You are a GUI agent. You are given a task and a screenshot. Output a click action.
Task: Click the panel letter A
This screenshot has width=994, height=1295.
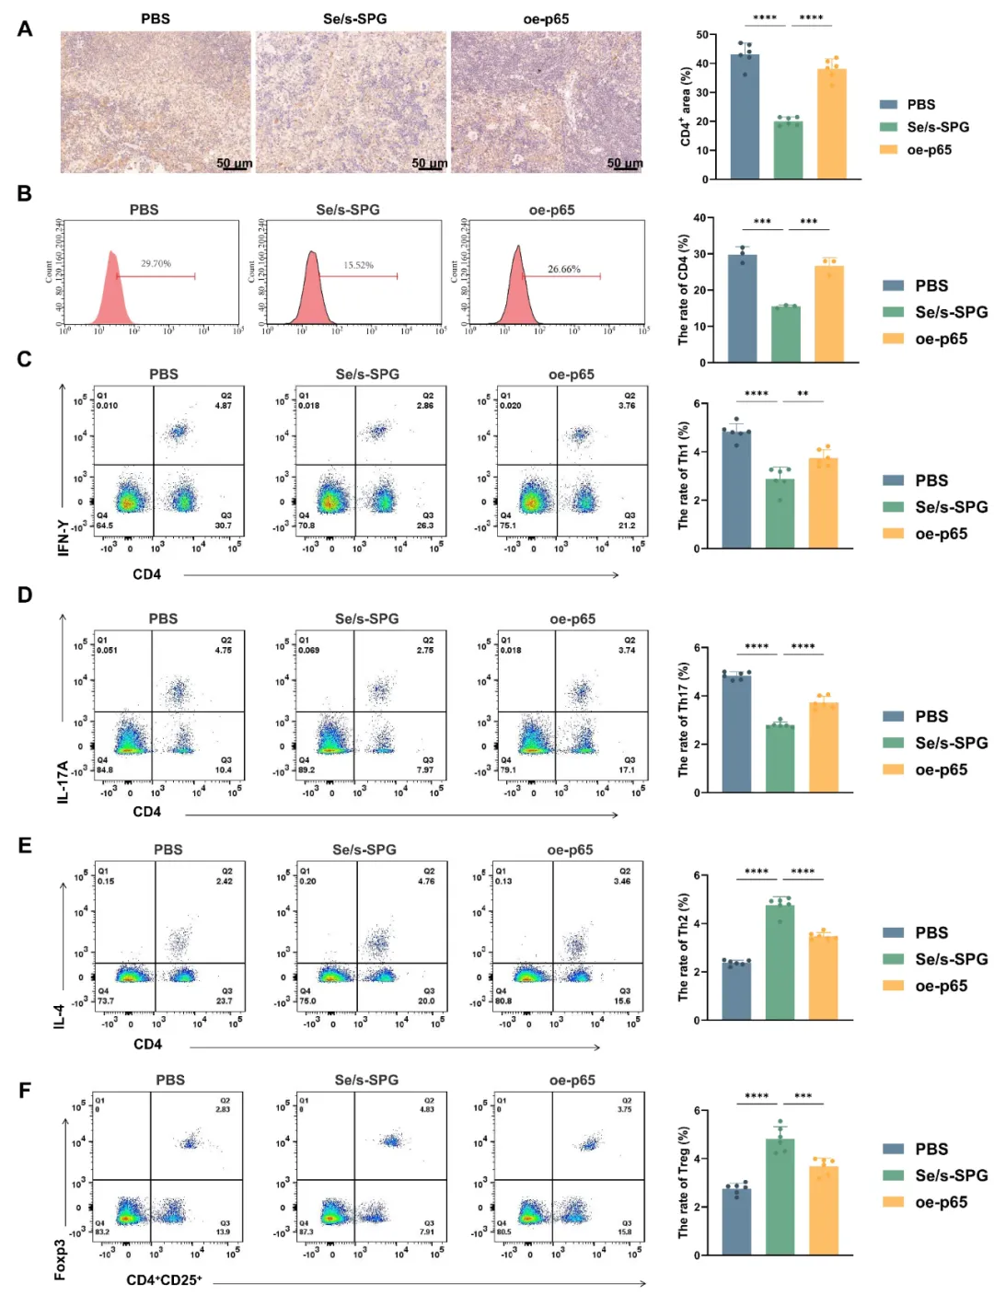click(x=25, y=29)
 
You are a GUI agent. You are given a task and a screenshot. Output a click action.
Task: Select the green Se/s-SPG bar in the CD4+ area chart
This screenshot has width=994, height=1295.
click(x=788, y=151)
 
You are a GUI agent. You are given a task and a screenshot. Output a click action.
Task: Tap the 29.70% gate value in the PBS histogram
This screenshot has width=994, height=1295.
click(x=156, y=263)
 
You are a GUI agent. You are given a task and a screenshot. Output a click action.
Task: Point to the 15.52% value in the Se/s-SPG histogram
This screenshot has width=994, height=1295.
click(x=358, y=265)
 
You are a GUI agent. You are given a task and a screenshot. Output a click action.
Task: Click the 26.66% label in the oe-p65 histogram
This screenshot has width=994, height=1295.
click(x=563, y=269)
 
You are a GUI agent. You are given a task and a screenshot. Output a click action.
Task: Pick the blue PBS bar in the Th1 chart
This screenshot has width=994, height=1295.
click(x=736, y=490)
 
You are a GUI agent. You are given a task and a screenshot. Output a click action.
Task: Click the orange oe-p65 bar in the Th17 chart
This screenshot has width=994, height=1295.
click(x=824, y=747)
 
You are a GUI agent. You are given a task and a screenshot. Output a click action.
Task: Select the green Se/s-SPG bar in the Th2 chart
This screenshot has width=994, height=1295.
click(x=780, y=963)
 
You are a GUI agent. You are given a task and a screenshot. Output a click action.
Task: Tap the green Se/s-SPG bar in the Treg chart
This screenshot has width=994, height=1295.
click(x=780, y=1197)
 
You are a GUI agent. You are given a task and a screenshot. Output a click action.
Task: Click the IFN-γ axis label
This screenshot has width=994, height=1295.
click(x=63, y=538)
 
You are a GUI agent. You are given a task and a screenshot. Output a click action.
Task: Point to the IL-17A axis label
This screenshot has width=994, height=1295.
click(x=63, y=781)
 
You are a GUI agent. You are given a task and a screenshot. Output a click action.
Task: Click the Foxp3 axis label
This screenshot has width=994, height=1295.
click(x=61, y=1259)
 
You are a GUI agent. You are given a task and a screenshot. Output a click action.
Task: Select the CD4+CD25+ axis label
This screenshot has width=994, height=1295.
click(x=164, y=1279)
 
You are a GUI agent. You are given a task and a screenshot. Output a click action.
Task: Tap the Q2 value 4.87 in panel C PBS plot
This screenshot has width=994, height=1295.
click(x=223, y=405)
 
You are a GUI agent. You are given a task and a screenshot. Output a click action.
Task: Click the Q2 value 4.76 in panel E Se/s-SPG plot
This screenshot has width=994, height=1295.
click(x=426, y=881)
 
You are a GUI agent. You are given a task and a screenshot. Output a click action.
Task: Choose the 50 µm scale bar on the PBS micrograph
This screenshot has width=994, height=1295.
click(x=234, y=164)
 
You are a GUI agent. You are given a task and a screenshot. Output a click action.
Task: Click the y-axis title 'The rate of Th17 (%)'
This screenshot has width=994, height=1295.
click(x=683, y=719)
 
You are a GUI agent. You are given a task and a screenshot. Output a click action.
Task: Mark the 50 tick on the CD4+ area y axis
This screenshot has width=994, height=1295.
click(x=702, y=35)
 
